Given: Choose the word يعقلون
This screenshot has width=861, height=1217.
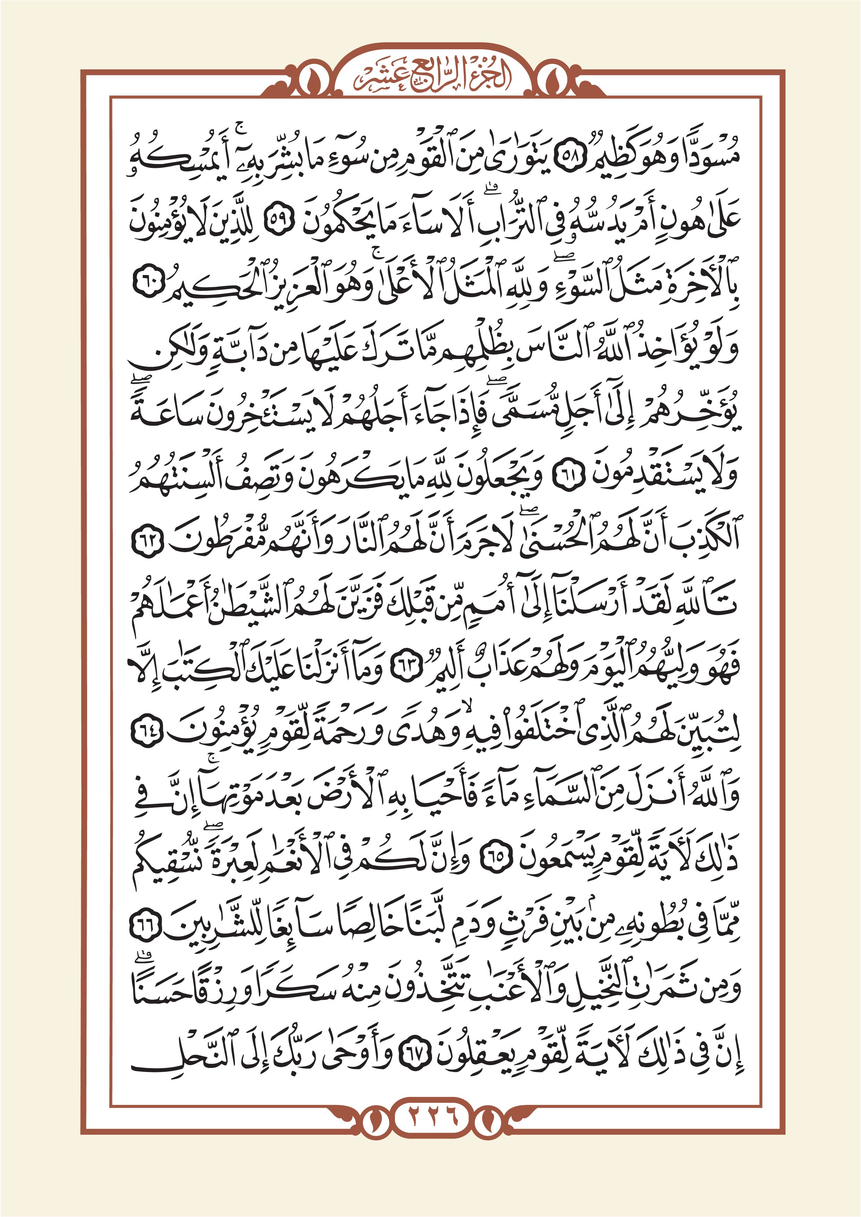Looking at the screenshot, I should [478, 1055].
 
